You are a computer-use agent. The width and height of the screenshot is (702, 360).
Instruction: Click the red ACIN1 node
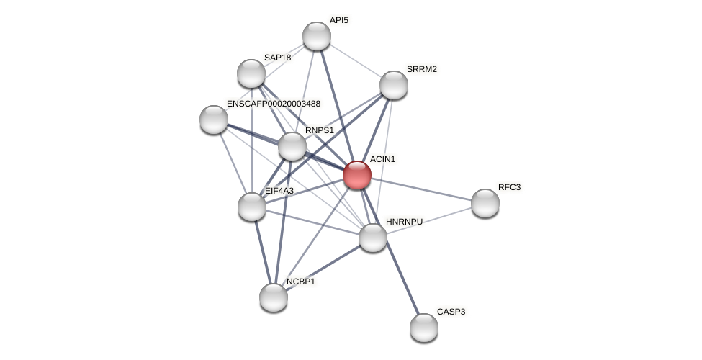[x=357, y=175]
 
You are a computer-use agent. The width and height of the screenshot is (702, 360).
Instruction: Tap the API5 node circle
[x=317, y=36]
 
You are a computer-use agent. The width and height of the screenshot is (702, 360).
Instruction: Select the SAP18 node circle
[x=251, y=73]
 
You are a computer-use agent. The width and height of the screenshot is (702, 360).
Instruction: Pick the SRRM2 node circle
[x=394, y=85]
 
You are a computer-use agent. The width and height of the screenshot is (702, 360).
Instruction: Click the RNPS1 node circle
[x=292, y=146]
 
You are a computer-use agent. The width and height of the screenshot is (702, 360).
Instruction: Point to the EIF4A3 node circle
[x=252, y=207]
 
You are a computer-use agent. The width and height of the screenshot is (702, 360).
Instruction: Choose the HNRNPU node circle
[x=373, y=238]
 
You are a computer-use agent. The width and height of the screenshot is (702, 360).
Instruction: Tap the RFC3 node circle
[x=485, y=203]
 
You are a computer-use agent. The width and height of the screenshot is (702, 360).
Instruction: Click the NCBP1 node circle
[x=274, y=297]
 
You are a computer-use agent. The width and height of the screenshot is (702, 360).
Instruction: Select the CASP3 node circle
[x=424, y=328]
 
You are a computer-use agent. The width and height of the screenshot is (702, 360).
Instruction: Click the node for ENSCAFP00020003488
[x=214, y=120]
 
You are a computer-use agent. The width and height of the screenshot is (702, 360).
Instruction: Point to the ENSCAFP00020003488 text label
[x=274, y=104]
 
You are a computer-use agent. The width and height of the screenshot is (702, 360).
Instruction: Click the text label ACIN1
[x=382, y=159]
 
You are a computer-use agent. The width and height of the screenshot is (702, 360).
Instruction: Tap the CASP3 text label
[x=451, y=312]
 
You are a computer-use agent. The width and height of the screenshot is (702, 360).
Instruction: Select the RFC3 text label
[x=509, y=187]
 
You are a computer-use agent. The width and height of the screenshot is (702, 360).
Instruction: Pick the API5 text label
[x=338, y=20]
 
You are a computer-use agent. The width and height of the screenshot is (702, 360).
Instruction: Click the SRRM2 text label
[x=421, y=69]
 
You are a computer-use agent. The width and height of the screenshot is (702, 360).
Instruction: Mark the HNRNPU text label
[x=404, y=222]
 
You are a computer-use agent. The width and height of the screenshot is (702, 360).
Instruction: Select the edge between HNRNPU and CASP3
[x=399, y=283]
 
